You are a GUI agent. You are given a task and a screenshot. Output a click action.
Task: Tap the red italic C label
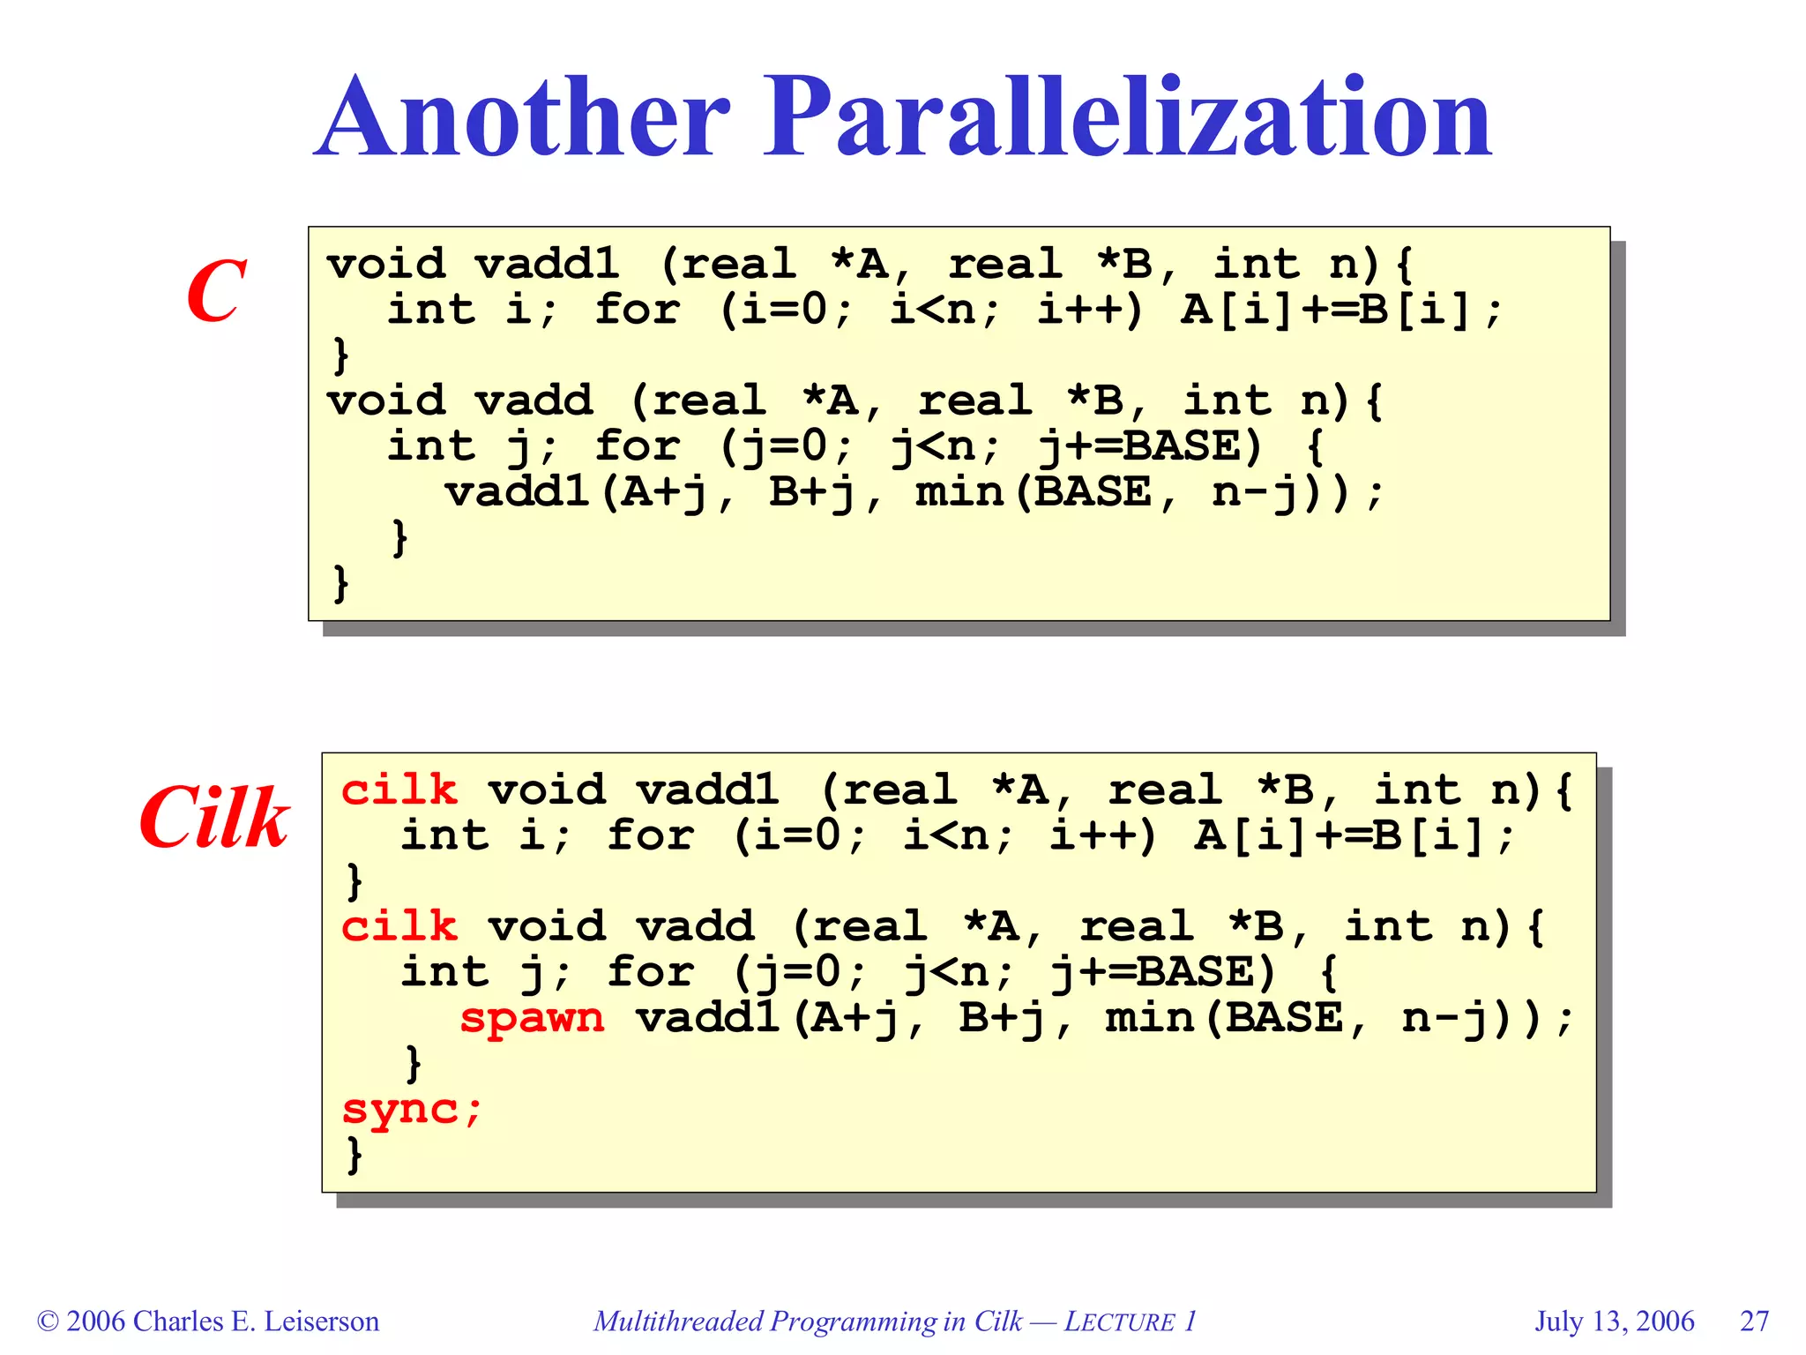coord(216,290)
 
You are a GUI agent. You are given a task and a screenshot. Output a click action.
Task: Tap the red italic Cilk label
coord(214,818)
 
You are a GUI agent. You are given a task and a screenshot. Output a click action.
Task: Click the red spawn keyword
coord(532,1018)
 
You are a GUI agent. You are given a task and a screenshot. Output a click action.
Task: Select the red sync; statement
coord(412,1109)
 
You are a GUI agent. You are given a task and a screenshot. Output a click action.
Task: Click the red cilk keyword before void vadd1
coord(399,790)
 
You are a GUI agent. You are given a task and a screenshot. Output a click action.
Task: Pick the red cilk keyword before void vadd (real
coord(399,926)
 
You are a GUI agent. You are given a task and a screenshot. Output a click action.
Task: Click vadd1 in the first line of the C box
coord(547,264)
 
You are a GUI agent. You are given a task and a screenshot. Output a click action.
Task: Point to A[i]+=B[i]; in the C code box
coord(1340,310)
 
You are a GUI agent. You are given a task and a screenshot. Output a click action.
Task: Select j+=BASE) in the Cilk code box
coord(1163,972)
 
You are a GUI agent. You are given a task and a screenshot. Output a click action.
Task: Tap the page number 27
coord(1754,1321)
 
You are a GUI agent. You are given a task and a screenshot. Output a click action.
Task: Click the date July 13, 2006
coord(1614,1321)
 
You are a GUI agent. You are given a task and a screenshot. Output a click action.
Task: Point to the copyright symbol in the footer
coord(48,1321)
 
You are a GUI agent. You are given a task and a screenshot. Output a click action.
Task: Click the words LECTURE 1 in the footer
coord(1130,1321)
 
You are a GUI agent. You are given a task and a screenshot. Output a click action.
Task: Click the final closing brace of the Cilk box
coord(354,1154)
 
